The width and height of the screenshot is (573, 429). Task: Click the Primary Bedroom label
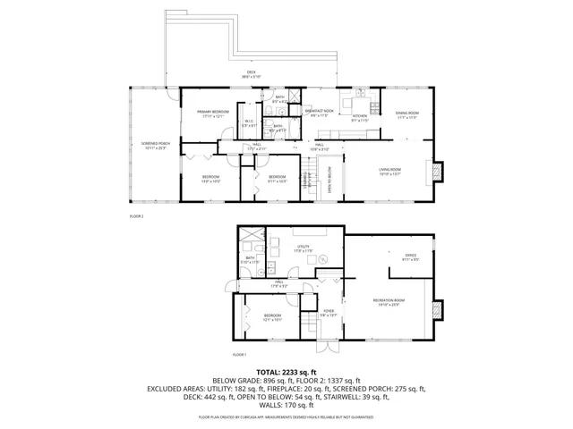(214, 113)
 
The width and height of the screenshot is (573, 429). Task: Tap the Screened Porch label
(155, 146)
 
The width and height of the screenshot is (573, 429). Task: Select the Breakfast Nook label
(319, 113)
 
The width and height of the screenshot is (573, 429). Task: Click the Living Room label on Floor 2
(389, 172)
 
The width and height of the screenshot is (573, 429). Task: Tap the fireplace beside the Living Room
(437, 171)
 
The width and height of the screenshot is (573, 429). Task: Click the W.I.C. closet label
(249, 123)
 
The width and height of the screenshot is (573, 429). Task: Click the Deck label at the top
(251, 75)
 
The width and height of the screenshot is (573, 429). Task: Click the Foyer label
(329, 313)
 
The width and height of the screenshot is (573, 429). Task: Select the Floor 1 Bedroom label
(272, 317)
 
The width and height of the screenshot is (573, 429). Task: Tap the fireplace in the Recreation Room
(437, 309)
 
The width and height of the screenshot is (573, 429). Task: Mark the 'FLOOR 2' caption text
(136, 215)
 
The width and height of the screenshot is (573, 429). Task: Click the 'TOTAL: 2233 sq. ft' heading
(286, 372)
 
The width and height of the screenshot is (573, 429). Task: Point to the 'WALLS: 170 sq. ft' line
(286, 408)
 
